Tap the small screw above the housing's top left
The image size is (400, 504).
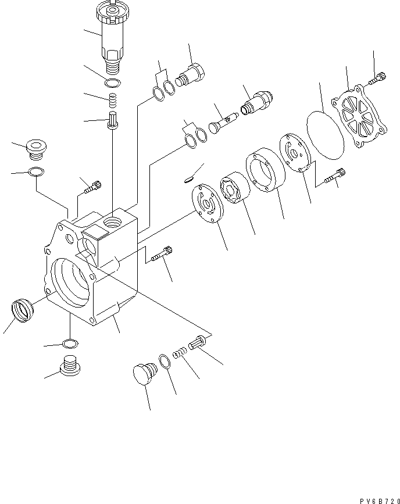tap(94, 187)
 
